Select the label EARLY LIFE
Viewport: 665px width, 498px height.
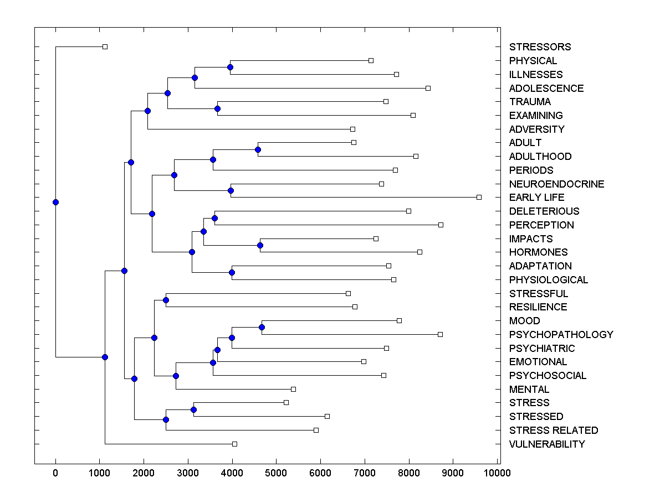[x=536, y=198]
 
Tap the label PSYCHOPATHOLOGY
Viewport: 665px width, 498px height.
[x=561, y=335]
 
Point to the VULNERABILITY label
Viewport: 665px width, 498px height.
[x=547, y=444]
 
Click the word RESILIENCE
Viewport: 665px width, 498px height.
[x=538, y=307]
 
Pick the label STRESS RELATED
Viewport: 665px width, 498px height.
[x=554, y=430]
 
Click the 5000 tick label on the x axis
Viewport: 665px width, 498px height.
[x=276, y=473]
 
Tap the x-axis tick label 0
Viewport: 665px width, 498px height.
[x=55, y=473]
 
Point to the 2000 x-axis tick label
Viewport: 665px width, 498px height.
[x=144, y=473]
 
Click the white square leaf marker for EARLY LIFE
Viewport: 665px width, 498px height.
[x=479, y=197]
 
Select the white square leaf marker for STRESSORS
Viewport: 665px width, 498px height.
[x=105, y=46]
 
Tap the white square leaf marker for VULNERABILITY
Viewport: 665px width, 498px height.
[x=234, y=444]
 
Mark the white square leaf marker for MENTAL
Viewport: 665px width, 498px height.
[x=294, y=389]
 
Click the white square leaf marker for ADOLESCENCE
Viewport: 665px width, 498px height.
[x=428, y=88]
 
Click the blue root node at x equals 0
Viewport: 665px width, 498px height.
[x=55, y=202]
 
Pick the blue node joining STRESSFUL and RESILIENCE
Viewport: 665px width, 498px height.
[x=166, y=300]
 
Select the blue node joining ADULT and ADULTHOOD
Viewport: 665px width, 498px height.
[x=258, y=149]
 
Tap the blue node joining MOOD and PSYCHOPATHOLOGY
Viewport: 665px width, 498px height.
[x=262, y=328]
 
